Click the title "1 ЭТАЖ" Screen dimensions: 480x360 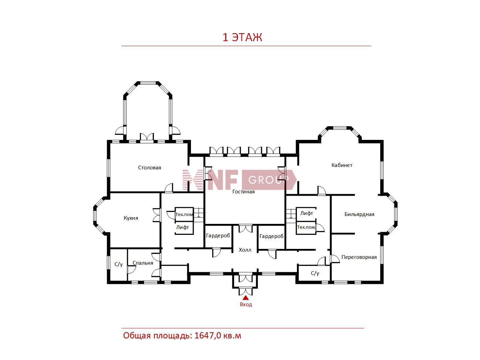(x=242, y=37)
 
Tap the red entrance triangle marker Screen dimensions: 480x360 (x=246, y=298)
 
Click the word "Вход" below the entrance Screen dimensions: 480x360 (x=246, y=304)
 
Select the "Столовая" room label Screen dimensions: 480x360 (x=149, y=168)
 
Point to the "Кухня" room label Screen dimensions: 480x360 (x=131, y=218)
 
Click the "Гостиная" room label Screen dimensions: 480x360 (x=243, y=192)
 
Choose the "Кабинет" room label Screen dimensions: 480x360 (x=342, y=165)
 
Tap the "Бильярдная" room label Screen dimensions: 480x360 (x=359, y=214)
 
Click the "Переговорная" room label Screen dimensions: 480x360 (x=359, y=257)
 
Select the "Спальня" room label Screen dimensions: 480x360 (x=143, y=263)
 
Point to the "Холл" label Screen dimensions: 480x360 (x=245, y=250)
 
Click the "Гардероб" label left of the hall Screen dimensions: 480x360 (x=218, y=236)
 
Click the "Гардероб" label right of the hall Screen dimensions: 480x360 (x=272, y=236)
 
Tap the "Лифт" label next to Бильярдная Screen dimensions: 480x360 (x=307, y=213)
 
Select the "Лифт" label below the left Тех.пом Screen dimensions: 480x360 (x=182, y=227)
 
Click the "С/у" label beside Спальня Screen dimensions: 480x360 (x=119, y=264)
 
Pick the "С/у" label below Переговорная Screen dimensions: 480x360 (x=315, y=273)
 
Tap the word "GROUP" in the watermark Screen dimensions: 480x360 (x=268, y=180)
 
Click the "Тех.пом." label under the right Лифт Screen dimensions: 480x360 (x=306, y=227)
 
